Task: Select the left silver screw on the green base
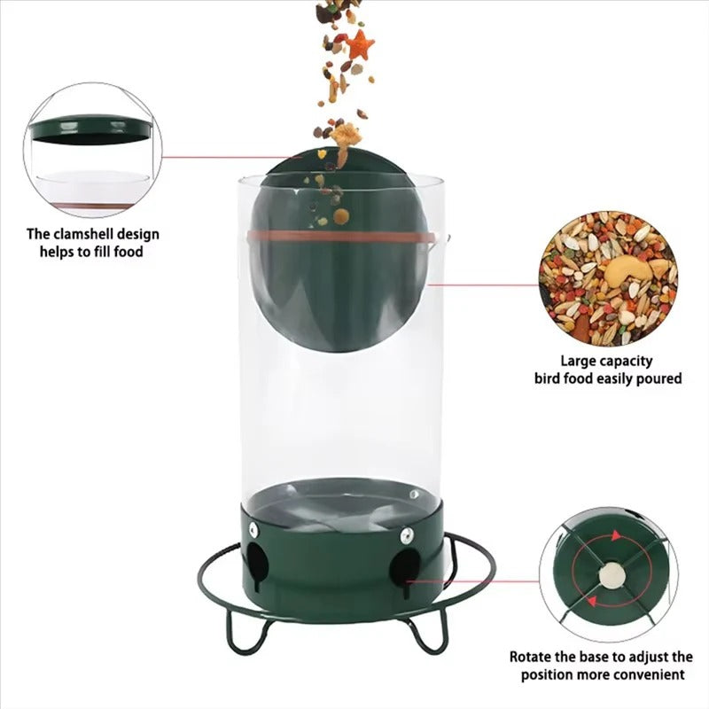[253, 529]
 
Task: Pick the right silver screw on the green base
[406, 534]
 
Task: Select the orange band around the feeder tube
[346, 237]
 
